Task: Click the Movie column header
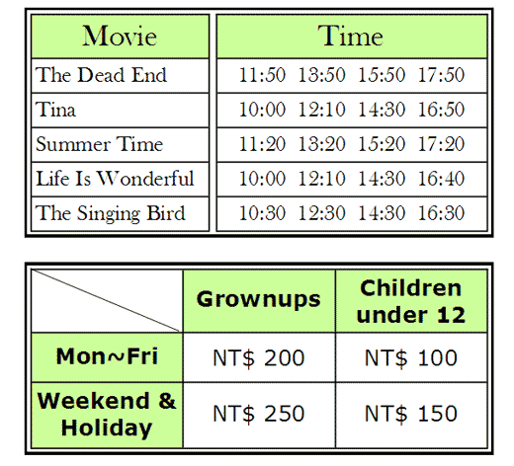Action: tap(120, 36)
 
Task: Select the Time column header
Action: tap(350, 36)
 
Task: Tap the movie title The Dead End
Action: tap(101, 75)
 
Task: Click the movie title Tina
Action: tap(55, 110)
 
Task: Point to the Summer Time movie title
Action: tap(100, 144)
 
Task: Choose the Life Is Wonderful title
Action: tap(115, 179)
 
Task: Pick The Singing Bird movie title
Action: tap(111, 213)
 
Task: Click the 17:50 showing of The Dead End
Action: tap(441, 75)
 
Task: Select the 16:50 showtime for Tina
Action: tap(441, 110)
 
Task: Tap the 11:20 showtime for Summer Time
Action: tap(262, 144)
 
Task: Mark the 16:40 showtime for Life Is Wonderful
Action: tap(441, 179)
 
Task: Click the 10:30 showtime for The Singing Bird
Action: tap(262, 213)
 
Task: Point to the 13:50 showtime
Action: tap(321, 75)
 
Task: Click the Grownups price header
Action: tap(259, 299)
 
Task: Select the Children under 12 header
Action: tap(411, 301)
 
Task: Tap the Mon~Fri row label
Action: tap(107, 356)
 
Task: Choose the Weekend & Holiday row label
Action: tap(107, 414)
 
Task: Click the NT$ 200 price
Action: tap(259, 357)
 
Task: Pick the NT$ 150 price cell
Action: tap(411, 414)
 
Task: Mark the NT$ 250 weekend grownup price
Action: tap(259, 414)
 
